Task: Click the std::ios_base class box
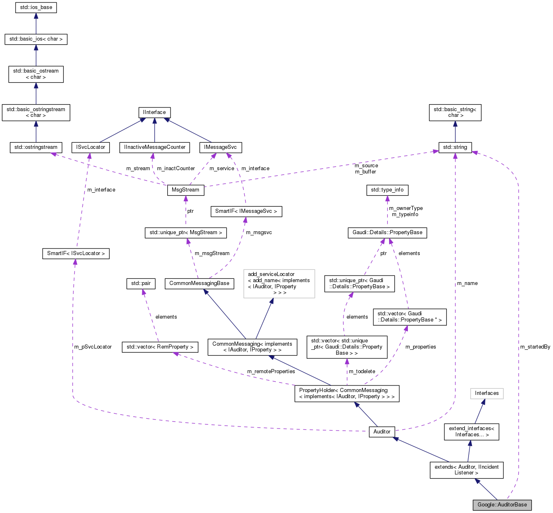click(x=36, y=8)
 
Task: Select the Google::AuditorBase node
click(x=502, y=505)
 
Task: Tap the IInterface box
click(x=155, y=112)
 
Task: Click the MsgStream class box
click(x=185, y=190)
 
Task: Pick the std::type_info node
click(x=387, y=190)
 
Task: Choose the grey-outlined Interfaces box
click(x=487, y=394)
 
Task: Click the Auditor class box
click(x=382, y=432)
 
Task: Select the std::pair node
click(x=141, y=283)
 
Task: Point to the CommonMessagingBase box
click(x=199, y=283)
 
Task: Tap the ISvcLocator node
click(x=91, y=147)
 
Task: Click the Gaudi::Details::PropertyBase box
click(x=387, y=233)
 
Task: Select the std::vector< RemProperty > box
click(x=160, y=347)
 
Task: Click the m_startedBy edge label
click(x=535, y=347)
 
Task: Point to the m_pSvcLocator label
click(x=93, y=347)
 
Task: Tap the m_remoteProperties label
click(x=271, y=372)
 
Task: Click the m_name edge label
click(x=467, y=283)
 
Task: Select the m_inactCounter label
click(x=176, y=169)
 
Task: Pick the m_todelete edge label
click(x=362, y=372)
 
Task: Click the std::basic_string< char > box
click(x=455, y=112)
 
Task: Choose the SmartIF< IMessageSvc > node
click(x=246, y=211)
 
